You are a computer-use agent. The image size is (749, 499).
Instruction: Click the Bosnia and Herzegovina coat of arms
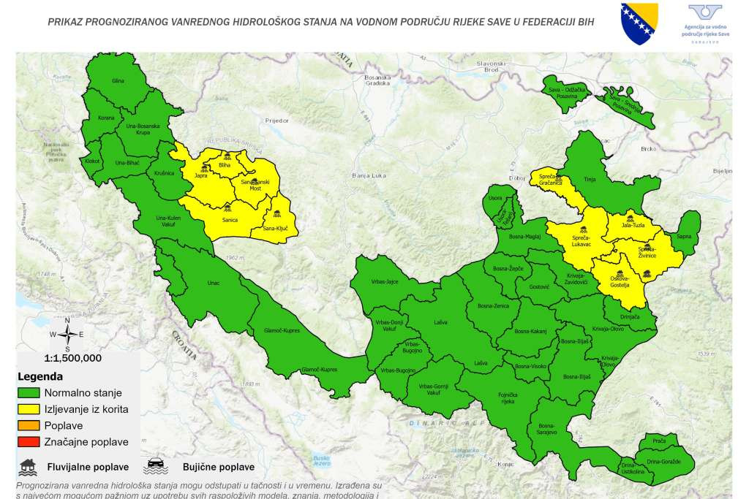pyautogui.click(x=639, y=24)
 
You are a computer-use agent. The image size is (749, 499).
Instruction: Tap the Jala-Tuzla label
pyautogui.click(x=633, y=225)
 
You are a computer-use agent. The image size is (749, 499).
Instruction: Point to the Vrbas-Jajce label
pyautogui.click(x=385, y=282)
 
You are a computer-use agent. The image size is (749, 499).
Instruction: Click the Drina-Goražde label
pyautogui.click(x=663, y=462)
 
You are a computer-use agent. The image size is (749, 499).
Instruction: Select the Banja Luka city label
pyautogui.click(x=368, y=176)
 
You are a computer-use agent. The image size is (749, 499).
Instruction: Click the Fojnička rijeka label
pyautogui.click(x=508, y=399)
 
